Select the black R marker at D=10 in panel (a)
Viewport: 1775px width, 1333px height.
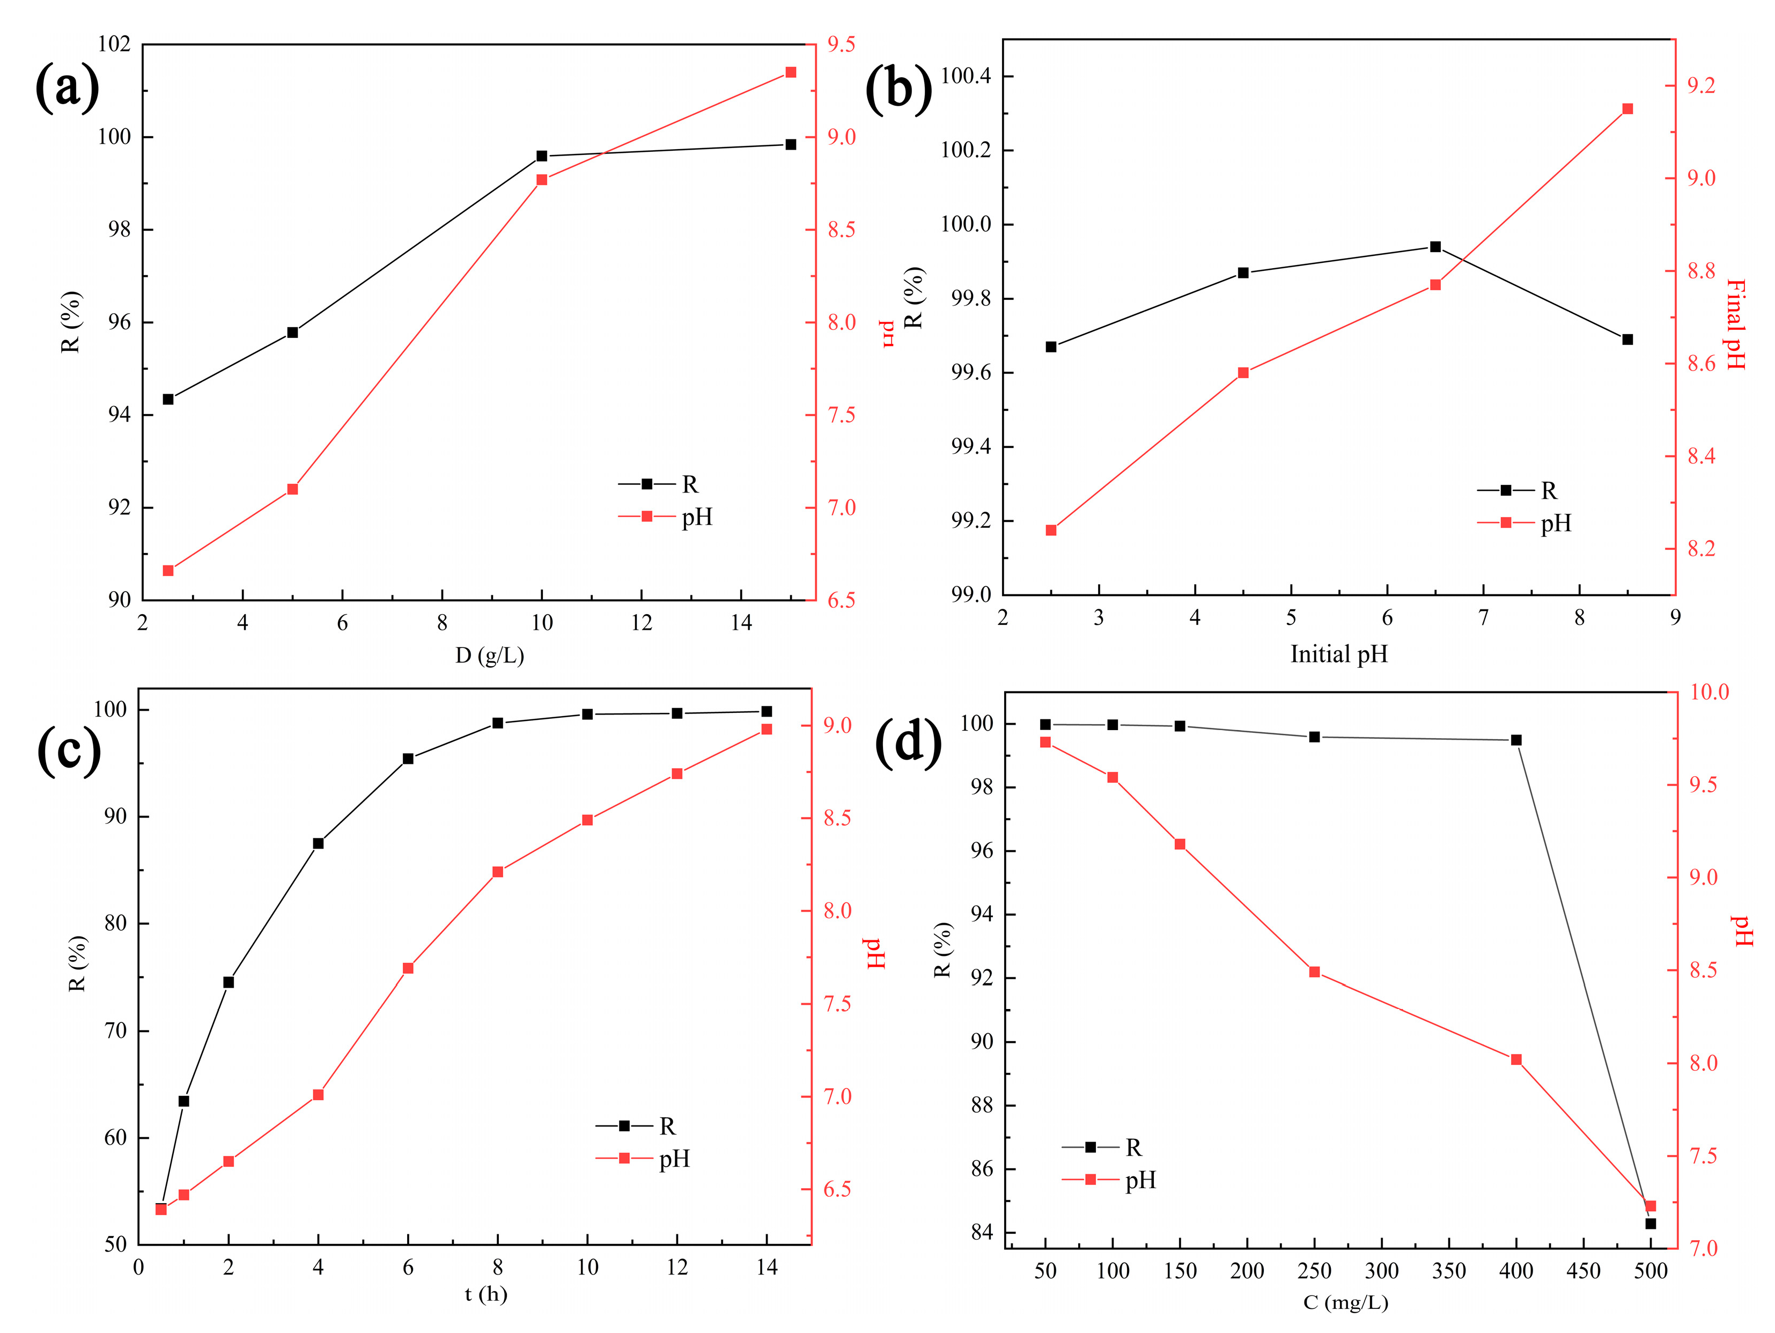coord(542,156)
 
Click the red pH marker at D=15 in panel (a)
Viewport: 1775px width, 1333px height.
coord(790,72)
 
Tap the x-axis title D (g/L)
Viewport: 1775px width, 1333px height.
coord(490,656)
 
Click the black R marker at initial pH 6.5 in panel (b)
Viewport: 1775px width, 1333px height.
coord(1435,246)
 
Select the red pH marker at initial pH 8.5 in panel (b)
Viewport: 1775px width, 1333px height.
coord(1627,109)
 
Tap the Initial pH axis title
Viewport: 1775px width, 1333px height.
coord(1338,654)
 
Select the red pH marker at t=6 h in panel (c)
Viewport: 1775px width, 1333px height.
coord(408,969)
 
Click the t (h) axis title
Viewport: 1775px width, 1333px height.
coord(485,1294)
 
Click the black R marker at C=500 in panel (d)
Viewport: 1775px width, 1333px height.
coord(1651,1224)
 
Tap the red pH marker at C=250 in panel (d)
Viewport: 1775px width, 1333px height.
coord(1314,972)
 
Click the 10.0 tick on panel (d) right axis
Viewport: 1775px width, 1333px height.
coord(1709,692)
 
